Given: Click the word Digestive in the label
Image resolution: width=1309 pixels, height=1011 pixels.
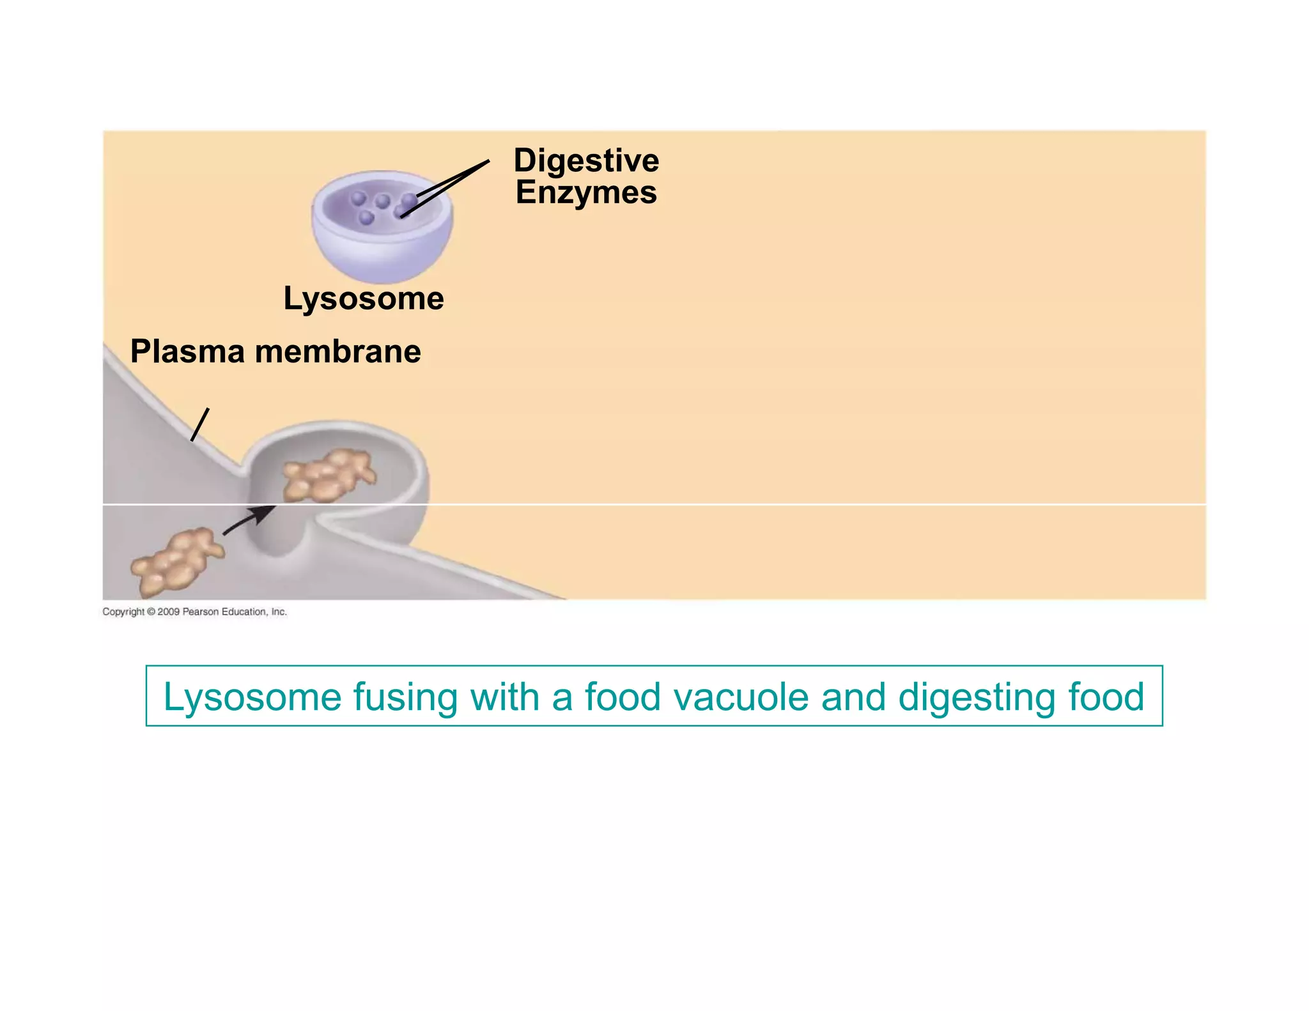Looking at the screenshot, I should click(x=586, y=160).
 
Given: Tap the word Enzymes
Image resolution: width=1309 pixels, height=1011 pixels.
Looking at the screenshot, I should click(x=586, y=192).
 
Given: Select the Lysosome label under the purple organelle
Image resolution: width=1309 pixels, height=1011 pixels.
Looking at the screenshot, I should click(x=364, y=298).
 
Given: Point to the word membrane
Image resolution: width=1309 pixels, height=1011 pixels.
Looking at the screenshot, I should click(x=338, y=351).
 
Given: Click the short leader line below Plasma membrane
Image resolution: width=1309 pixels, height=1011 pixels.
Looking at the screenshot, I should click(x=200, y=424).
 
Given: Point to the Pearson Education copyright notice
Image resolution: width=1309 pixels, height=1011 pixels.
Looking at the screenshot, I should click(x=194, y=612).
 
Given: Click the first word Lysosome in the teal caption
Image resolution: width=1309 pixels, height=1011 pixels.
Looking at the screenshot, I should click(x=252, y=697).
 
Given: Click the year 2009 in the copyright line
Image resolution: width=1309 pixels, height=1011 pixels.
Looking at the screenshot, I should click(x=168, y=612).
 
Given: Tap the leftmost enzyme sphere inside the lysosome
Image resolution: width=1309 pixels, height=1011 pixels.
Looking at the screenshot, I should click(x=359, y=198).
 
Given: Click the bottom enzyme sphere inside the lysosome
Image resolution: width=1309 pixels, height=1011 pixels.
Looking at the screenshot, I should click(x=366, y=218).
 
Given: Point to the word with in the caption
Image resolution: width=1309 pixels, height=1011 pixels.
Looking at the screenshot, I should click(x=505, y=697).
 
